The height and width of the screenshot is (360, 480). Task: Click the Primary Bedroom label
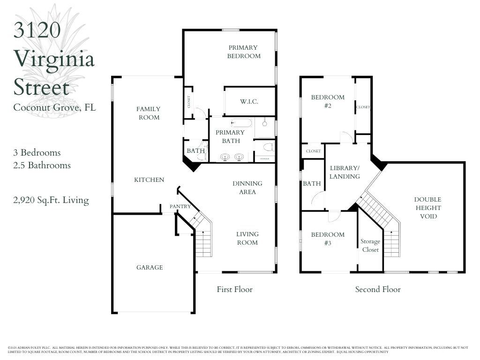244,52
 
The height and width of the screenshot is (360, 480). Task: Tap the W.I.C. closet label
249,102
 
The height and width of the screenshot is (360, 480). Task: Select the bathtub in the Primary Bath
241,123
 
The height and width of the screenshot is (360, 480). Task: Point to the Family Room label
149,113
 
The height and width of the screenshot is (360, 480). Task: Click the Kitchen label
149,180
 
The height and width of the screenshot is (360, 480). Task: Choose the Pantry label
180,206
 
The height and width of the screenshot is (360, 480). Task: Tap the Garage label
150,267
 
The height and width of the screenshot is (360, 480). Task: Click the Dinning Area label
247,187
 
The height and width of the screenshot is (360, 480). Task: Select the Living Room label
247,238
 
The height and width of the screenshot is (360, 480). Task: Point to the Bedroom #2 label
328,101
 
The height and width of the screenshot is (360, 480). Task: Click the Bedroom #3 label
328,239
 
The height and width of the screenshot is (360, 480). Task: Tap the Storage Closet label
370,246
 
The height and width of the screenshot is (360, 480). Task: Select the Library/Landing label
345,172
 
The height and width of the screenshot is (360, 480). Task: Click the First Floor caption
234,289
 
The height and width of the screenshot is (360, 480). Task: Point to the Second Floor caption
378,289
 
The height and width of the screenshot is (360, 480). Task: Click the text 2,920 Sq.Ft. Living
51,200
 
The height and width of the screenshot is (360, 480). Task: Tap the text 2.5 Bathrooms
42,165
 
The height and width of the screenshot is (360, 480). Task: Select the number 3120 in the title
37,30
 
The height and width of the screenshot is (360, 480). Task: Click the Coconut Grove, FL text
54,107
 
